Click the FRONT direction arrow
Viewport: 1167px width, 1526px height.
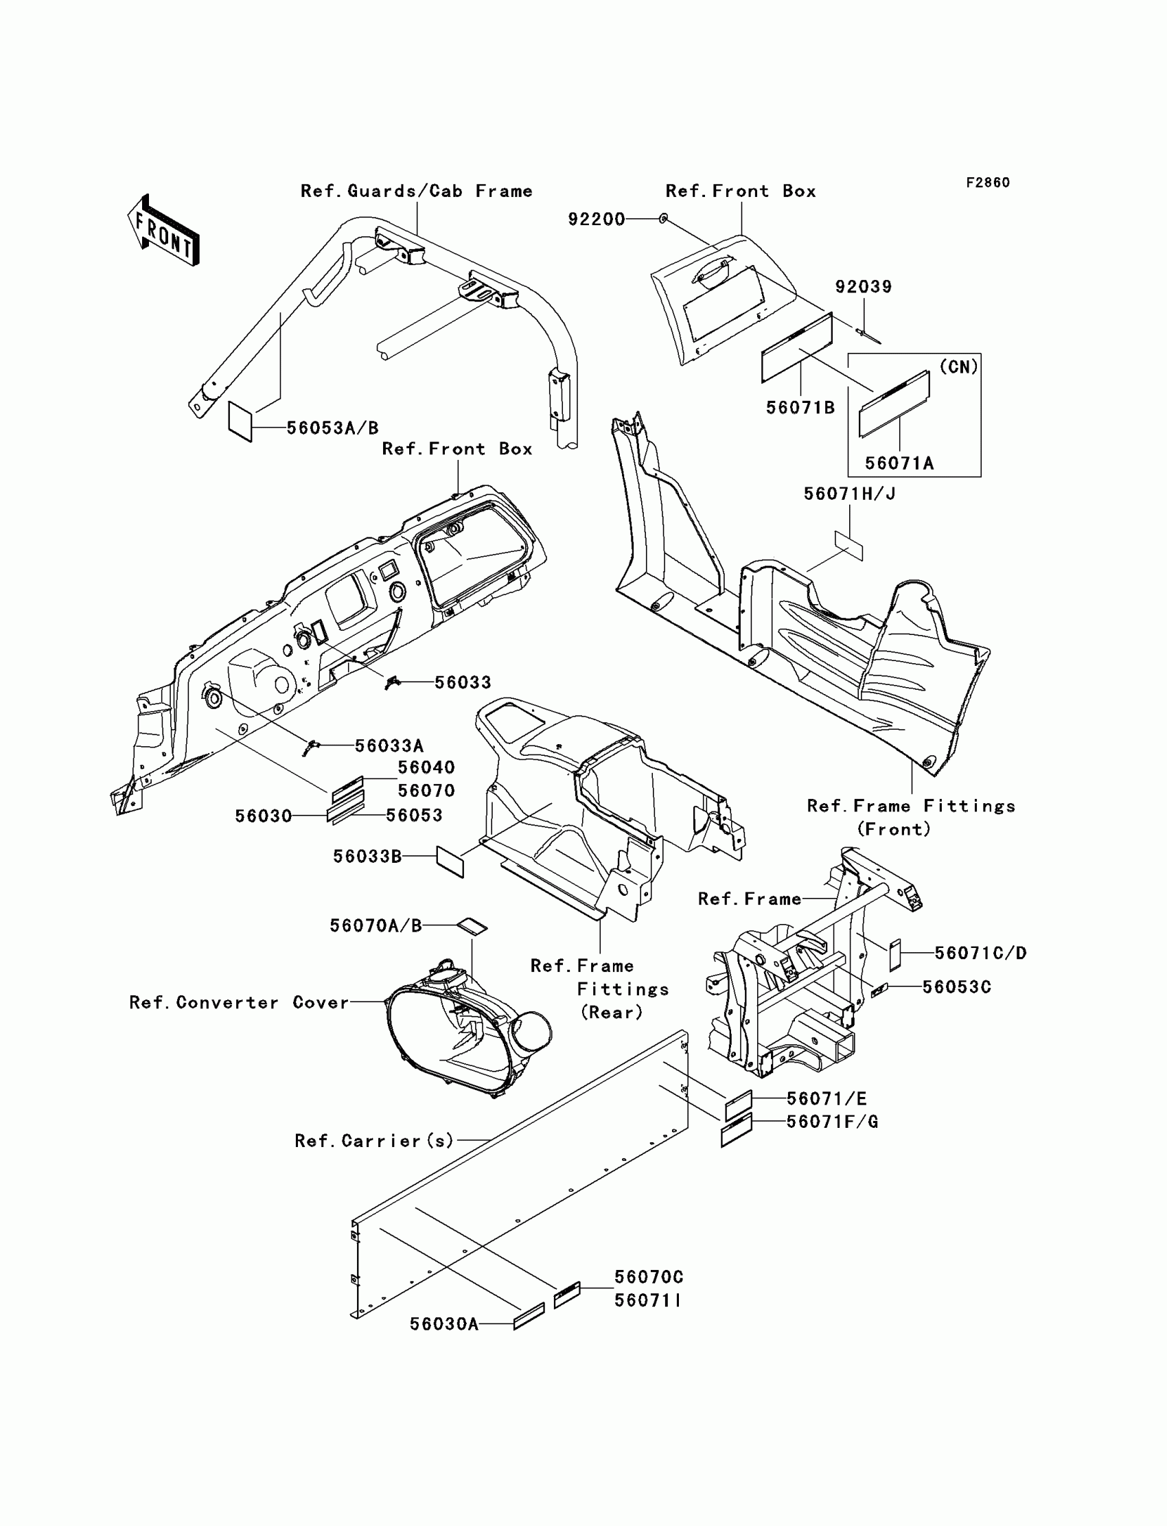click(164, 231)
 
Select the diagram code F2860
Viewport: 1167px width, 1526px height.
click(987, 183)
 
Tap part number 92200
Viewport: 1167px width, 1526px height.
click(596, 220)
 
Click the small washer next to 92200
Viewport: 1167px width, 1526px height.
click(663, 220)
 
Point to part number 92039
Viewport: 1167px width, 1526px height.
click(863, 287)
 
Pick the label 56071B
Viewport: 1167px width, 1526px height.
click(800, 408)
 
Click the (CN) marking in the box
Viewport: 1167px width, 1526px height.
click(958, 367)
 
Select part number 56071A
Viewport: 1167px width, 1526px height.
click(899, 463)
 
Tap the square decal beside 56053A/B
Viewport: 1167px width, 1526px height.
click(240, 420)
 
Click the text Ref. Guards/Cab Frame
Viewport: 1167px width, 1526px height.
click(416, 191)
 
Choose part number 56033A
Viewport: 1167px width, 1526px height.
click(389, 746)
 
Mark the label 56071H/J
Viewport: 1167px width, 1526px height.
click(850, 494)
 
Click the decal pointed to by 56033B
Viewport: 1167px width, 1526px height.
click(450, 862)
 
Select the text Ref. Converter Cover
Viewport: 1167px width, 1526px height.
click(238, 1002)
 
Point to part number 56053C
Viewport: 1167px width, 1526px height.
click(956, 987)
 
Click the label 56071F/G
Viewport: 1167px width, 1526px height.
click(832, 1122)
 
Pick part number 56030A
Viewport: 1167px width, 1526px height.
click(444, 1325)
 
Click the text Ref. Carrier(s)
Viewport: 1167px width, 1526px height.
click(373, 1140)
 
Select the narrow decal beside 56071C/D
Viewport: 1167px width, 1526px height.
click(895, 953)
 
